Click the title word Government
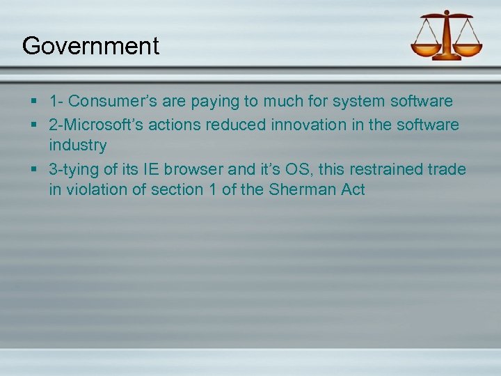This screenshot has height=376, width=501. [90, 46]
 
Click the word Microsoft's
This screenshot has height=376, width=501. [111, 124]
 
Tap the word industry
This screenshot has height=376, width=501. [77, 146]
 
